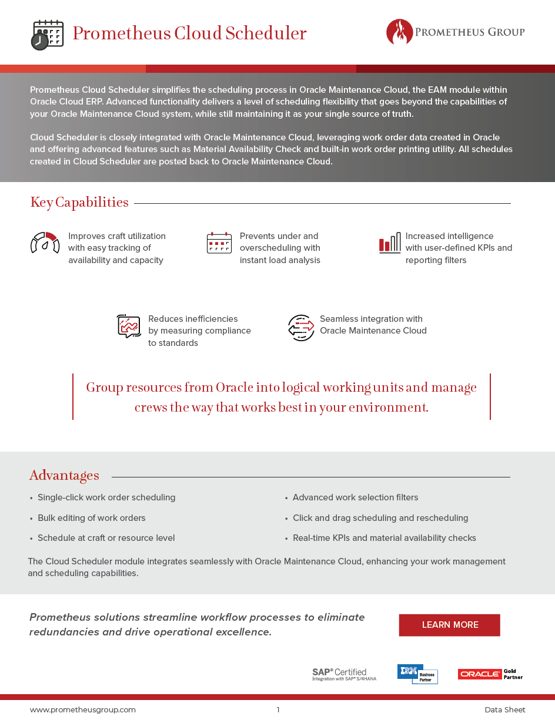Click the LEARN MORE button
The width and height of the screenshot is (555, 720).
pos(449,625)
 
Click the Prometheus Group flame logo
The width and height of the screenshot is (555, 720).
pos(399,32)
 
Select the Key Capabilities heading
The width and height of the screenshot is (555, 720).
pos(79,203)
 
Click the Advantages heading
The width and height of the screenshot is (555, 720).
pos(64,476)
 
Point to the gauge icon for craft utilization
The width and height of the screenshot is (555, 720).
pos(45,243)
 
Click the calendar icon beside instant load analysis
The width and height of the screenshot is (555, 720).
pos(219,243)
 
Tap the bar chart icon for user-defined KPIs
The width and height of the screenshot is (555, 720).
pos(389,243)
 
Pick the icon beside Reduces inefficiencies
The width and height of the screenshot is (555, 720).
pos(129,326)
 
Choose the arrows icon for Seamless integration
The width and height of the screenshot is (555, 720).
pos(301,327)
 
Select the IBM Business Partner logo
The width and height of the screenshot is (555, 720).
pos(417,674)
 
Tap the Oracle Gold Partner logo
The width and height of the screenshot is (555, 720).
pos(490,674)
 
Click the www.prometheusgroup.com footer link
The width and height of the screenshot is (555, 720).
pos(83,709)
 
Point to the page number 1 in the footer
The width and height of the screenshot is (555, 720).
pos(278,709)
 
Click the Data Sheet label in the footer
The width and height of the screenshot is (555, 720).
pos(504,709)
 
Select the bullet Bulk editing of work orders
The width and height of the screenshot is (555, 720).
pos(91,518)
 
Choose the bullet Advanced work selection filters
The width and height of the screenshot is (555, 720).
pos(355,497)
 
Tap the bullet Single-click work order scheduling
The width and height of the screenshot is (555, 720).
pos(106,497)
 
